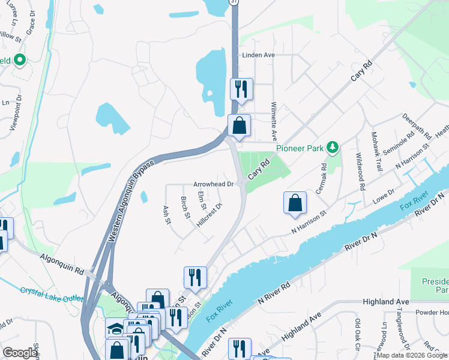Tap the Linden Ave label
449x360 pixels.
(258, 55)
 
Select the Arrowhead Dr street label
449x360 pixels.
(212, 184)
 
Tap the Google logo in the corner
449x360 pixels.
(20, 352)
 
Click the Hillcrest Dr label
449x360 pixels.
(209, 215)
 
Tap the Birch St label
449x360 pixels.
(185, 206)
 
